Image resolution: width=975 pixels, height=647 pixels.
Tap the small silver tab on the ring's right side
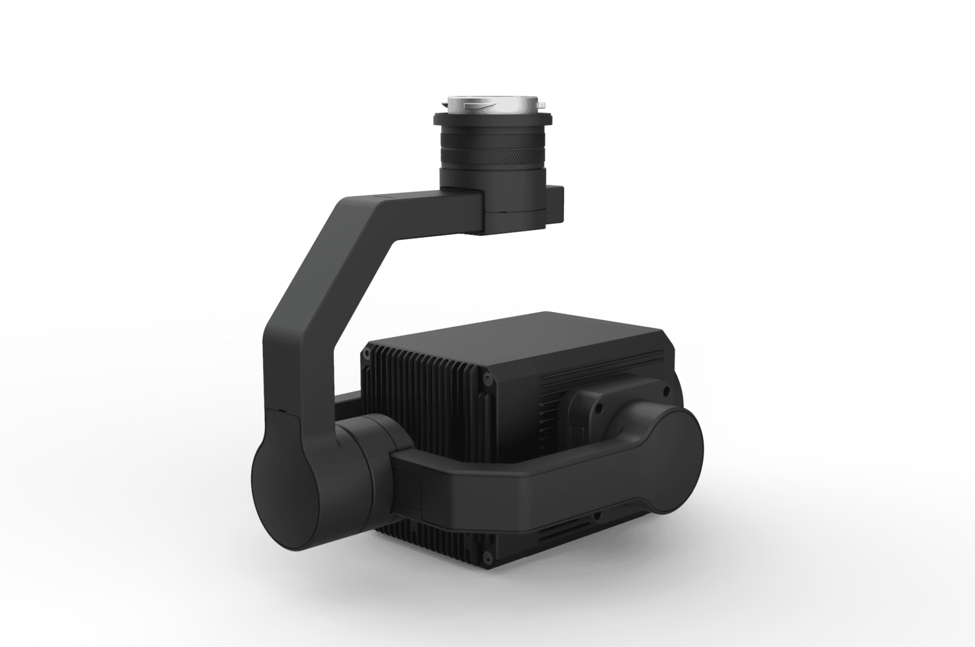(x=541, y=105)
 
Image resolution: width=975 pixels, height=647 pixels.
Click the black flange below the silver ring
(x=493, y=120)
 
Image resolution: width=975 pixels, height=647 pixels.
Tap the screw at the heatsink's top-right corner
(x=487, y=377)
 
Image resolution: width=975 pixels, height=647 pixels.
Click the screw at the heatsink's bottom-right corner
(x=487, y=558)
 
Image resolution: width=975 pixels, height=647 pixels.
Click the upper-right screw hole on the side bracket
(x=666, y=391)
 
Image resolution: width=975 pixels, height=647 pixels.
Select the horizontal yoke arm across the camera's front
(x=508, y=482)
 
